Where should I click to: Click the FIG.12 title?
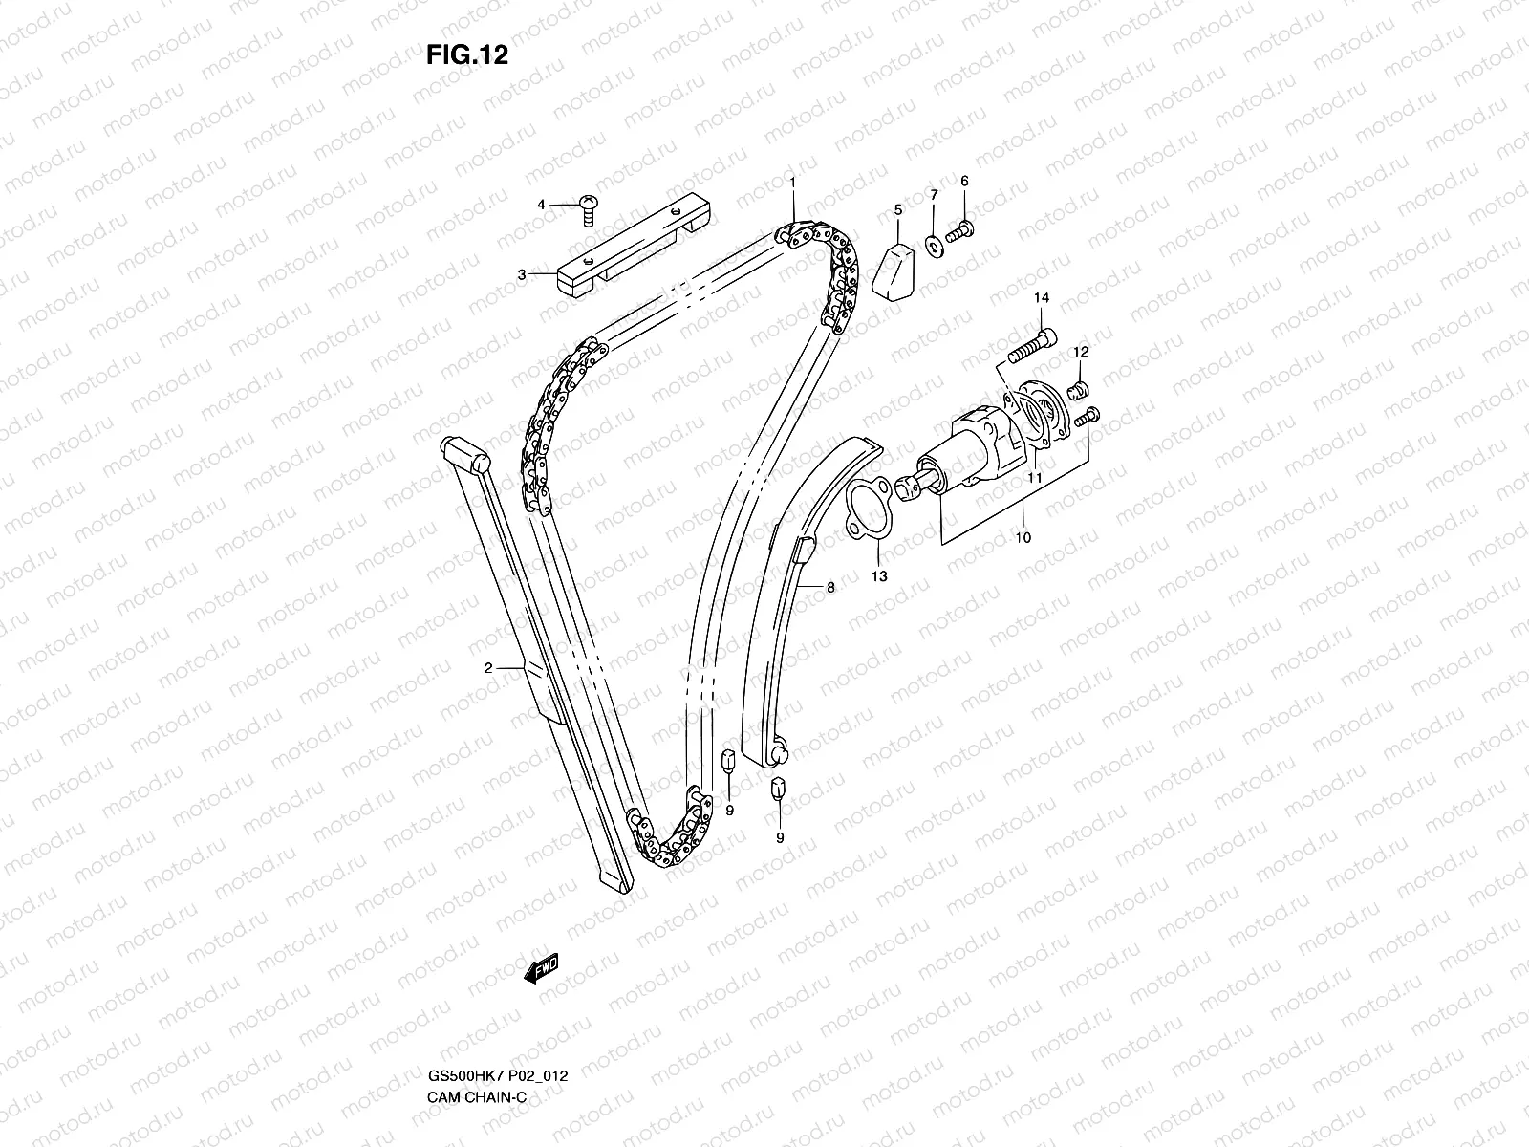click(x=466, y=55)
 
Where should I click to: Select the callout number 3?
click(x=522, y=274)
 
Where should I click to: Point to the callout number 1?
click(x=791, y=181)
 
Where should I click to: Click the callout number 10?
click(x=1023, y=538)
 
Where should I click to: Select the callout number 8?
click(x=830, y=588)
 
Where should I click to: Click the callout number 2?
click(x=488, y=668)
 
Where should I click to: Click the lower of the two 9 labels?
click(x=779, y=837)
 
